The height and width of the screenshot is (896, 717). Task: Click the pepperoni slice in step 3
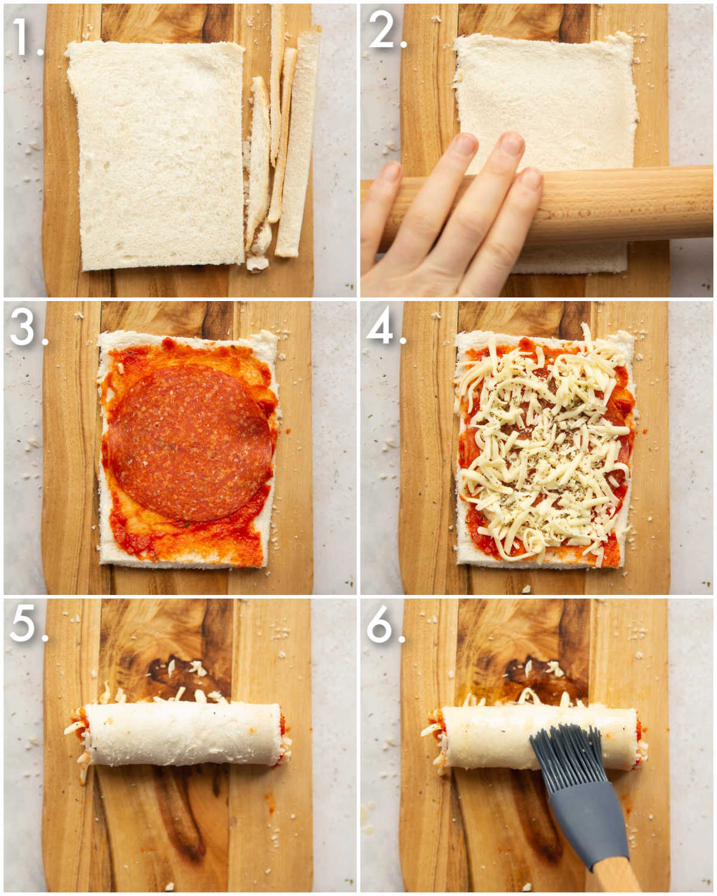(x=190, y=442)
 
